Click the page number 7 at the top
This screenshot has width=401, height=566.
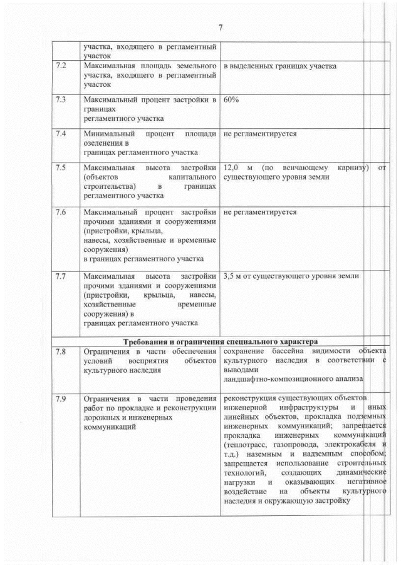point(220,27)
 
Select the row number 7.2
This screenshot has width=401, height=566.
point(61,66)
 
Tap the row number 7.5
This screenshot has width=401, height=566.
point(61,168)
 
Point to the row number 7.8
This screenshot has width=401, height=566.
point(61,351)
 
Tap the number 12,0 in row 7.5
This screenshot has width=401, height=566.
point(231,168)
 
